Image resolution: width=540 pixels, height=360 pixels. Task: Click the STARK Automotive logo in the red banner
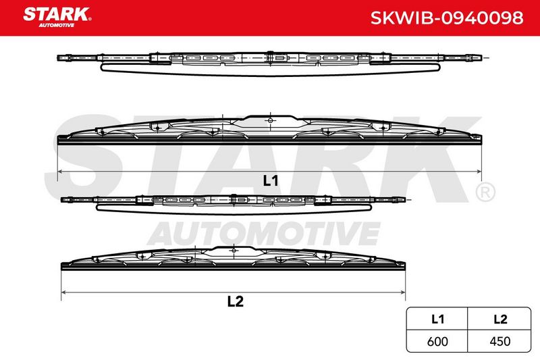click(x=57, y=18)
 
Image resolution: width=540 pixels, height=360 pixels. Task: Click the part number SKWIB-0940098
click(x=447, y=18)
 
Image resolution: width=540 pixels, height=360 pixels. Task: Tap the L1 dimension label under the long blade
click(x=271, y=180)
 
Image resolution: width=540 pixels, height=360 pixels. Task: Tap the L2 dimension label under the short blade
click(x=235, y=301)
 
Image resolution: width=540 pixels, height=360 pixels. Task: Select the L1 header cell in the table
click(x=437, y=319)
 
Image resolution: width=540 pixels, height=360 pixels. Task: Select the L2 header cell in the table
click(x=500, y=319)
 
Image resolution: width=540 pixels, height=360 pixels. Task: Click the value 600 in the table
click(x=437, y=341)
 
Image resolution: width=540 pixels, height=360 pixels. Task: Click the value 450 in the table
click(x=500, y=341)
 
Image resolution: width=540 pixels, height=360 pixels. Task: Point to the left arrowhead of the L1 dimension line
click(x=60, y=171)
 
